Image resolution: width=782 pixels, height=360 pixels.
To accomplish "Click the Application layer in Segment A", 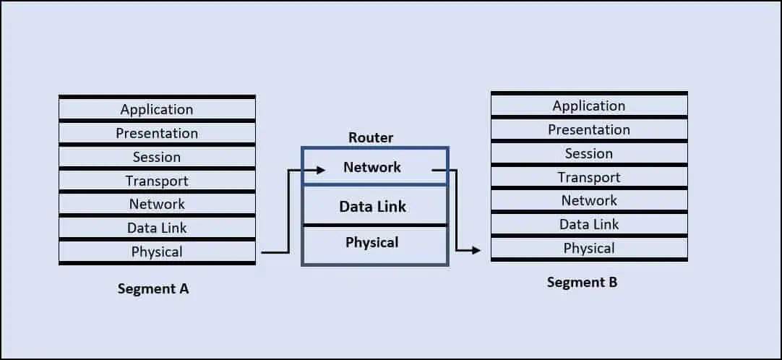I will pyautogui.click(x=157, y=109).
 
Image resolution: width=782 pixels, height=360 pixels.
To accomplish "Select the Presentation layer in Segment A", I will pyautogui.click(x=157, y=133).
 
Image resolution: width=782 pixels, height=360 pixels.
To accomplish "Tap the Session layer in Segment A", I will pyautogui.click(x=157, y=157).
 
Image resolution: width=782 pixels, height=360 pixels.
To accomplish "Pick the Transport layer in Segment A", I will pyautogui.click(x=157, y=181).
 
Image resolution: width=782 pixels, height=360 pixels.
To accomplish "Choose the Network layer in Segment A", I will pyautogui.click(x=157, y=204).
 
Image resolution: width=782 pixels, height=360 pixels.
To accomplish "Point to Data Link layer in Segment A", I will pyautogui.click(x=157, y=228).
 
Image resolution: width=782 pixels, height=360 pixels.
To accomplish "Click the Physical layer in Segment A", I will pyautogui.click(x=157, y=252).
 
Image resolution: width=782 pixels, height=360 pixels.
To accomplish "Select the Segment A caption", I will pyautogui.click(x=153, y=288).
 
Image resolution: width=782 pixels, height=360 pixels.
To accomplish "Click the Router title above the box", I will pyautogui.click(x=371, y=137).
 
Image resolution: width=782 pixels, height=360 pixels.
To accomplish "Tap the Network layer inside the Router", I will pyautogui.click(x=372, y=167).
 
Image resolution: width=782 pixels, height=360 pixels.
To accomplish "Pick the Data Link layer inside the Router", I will pyautogui.click(x=373, y=206).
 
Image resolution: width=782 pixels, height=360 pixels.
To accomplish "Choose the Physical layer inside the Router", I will pyautogui.click(x=371, y=242).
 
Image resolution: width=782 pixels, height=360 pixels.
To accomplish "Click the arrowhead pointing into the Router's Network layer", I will pyautogui.click(x=319, y=171).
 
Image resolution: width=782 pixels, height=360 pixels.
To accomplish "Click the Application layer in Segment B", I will pyautogui.click(x=589, y=106).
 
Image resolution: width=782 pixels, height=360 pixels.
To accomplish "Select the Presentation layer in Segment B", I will pyautogui.click(x=589, y=129).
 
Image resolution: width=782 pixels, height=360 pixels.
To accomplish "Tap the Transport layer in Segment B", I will pyautogui.click(x=589, y=177).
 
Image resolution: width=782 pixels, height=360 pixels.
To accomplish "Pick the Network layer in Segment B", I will pyautogui.click(x=589, y=200).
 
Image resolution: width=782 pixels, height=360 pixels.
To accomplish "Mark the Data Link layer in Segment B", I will pyautogui.click(x=589, y=224).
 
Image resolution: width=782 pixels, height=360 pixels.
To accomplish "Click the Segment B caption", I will pyautogui.click(x=582, y=282).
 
